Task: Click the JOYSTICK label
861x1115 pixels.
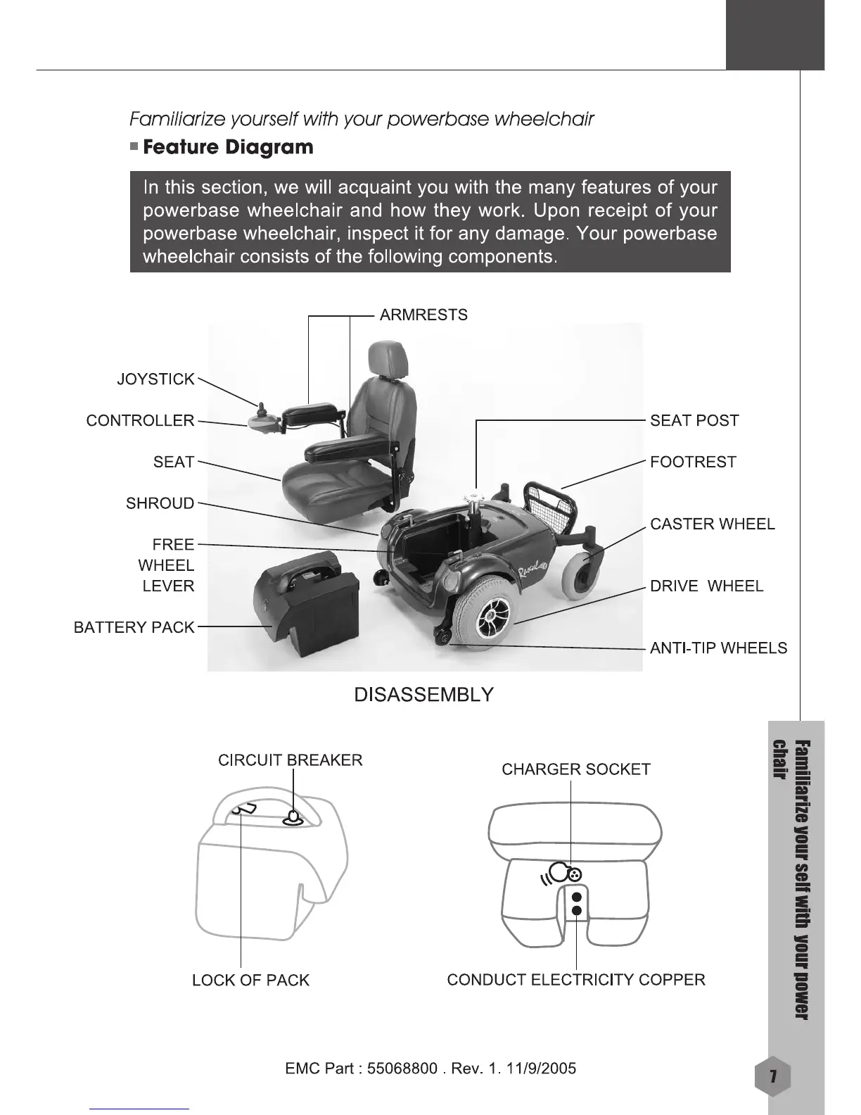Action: (155, 379)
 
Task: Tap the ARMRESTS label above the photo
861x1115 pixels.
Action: (423, 315)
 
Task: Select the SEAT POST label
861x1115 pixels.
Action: (694, 421)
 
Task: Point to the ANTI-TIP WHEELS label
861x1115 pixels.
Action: (718, 648)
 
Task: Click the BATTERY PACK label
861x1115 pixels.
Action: (134, 628)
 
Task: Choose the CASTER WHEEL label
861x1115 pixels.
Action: (712, 524)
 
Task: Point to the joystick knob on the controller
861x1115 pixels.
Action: (261, 408)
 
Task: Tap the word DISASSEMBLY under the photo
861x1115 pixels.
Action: (423, 695)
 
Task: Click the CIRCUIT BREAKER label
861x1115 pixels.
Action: (290, 760)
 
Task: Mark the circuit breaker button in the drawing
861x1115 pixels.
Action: (293, 818)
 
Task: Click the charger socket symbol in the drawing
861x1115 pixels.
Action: (574, 874)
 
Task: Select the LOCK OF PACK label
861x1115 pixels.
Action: (250, 981)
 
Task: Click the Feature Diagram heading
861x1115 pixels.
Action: (228, 148)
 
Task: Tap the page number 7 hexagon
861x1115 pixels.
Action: (772, 1077)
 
